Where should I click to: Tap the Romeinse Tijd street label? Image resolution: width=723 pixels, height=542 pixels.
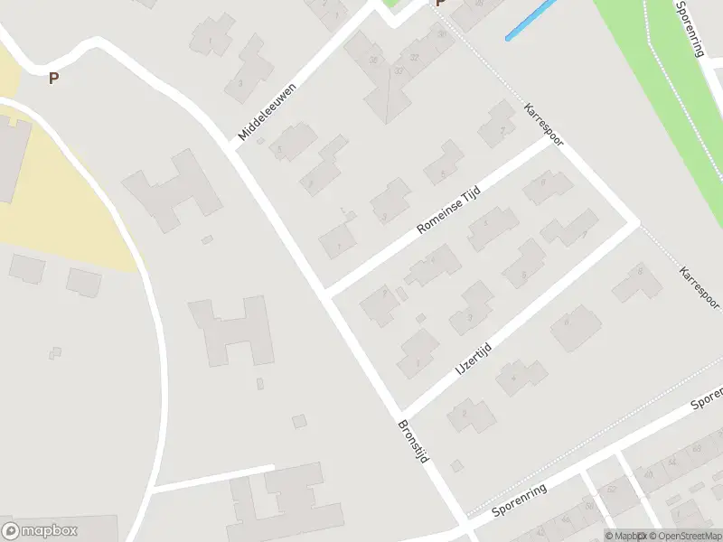(447, 208)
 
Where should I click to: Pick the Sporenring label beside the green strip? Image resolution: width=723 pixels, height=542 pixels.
(689, 28)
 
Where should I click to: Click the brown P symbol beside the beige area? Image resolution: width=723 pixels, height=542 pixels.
(53, 79)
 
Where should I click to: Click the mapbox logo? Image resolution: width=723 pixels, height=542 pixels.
(40, 530)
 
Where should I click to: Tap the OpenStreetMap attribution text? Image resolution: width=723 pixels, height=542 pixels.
(684, 536)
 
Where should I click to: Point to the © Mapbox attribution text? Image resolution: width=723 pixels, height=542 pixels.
(624, 536)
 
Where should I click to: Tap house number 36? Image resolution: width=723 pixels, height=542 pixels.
(372, 60)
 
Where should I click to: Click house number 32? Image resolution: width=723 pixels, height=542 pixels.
(415, 57)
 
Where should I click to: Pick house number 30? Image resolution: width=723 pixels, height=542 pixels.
(442, 34)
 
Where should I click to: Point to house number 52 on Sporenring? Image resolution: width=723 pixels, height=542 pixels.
(611, 489)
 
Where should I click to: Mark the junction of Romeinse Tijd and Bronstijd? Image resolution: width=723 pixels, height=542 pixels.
(327, 294)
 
